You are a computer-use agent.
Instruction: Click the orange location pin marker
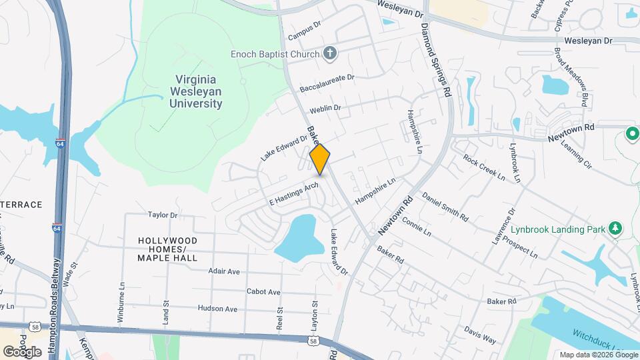click(x=320, y=159)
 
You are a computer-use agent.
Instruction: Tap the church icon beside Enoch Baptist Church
click(x=329, y=53)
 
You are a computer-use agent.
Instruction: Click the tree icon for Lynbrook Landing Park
click(x=615, y=229)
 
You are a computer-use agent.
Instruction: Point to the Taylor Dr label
click(x=163, y=215)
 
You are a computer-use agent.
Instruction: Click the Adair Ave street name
click(x=224, y=271)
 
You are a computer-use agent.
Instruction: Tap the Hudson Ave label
click(x=217, y=309)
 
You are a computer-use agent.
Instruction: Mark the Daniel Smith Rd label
click(x=445, y=207)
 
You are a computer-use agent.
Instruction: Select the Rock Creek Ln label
click(x=484, y=168)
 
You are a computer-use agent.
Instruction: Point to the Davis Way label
click(x=480, y=334)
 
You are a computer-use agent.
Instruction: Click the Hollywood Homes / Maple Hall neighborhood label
click(x=167, y=248)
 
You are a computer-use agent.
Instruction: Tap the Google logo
click(x=23, y=351)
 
